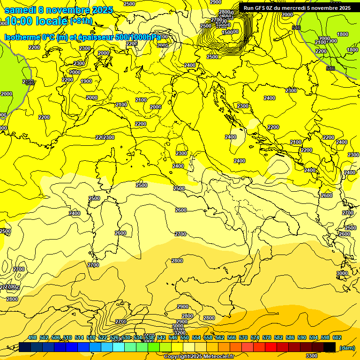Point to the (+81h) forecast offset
point(81,21)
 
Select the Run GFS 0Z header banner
point(297,8)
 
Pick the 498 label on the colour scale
point(32,337)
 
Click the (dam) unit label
point(347,347)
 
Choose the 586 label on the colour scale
point(290,337)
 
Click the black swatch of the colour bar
point(330,347)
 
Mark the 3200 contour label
point(180,332)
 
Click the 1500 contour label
point(227,32)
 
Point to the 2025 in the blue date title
point(102,10)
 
